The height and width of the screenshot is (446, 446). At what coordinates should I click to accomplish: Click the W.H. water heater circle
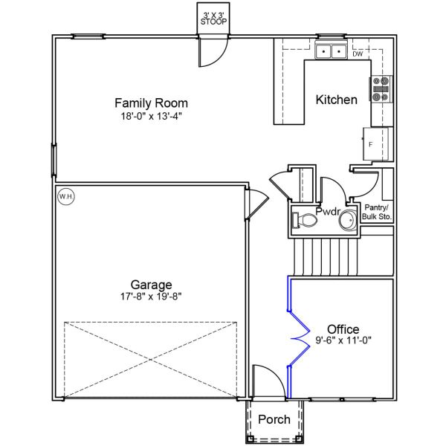pos(66,196)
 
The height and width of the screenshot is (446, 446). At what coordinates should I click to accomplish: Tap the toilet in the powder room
pos(305,221)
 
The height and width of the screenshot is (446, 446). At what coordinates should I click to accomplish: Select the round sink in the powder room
pos(348,220)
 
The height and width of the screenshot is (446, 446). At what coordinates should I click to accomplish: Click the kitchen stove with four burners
pos(381,89)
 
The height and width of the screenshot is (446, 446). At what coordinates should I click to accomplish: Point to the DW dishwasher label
pos(358,54)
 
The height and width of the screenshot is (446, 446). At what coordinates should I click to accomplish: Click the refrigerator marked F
pos(375,144)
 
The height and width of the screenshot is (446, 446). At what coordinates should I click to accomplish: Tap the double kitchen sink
pos(331,51)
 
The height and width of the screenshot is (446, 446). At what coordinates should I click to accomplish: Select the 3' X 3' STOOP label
pos(213,19)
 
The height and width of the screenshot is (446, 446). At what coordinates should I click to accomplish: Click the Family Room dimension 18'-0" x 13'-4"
pos(151,117)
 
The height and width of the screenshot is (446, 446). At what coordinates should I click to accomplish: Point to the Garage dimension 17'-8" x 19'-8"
pos(151,297)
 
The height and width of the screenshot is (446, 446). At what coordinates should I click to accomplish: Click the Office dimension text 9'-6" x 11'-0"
pos(343,340)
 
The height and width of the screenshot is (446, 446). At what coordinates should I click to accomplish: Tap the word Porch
pos(274,419)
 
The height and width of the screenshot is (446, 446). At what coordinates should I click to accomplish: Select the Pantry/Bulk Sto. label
pos(377,212)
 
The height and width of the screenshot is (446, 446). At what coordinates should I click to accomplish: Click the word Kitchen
pos(337,100)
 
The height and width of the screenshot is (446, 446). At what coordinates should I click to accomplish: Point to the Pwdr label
pos(328,212)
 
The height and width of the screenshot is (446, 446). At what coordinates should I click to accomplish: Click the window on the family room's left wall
pos(54,160)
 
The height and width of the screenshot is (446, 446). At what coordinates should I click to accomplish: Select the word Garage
pos(151,285)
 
